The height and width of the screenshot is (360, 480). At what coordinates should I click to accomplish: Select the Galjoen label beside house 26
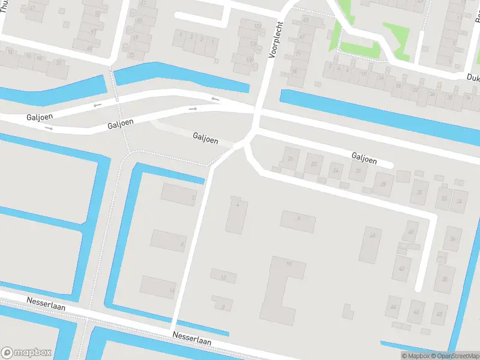(364, 159)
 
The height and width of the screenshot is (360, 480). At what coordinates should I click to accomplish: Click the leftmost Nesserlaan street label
(46, 303)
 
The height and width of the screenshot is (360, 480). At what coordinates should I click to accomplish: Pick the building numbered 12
(223, 276)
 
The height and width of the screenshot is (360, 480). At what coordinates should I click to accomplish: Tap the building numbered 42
(401, 268)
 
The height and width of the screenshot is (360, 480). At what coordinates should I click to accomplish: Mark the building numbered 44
(394, 307)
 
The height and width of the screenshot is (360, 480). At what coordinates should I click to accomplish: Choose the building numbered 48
(416, 311)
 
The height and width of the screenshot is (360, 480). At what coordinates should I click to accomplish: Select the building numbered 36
(452, 239)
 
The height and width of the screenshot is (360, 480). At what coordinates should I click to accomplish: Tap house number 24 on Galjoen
(335, 171)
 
